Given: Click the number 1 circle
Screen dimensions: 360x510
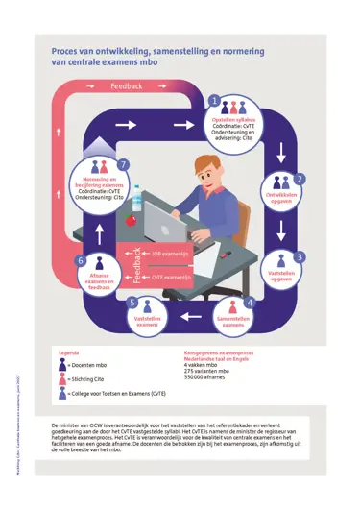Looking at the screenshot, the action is tap(213, 100).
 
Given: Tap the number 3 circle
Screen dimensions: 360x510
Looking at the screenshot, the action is tap(299, 257).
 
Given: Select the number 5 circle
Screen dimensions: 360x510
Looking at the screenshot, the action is tap(132, 303).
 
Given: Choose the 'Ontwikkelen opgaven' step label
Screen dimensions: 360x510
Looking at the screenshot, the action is tap(285, 196).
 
